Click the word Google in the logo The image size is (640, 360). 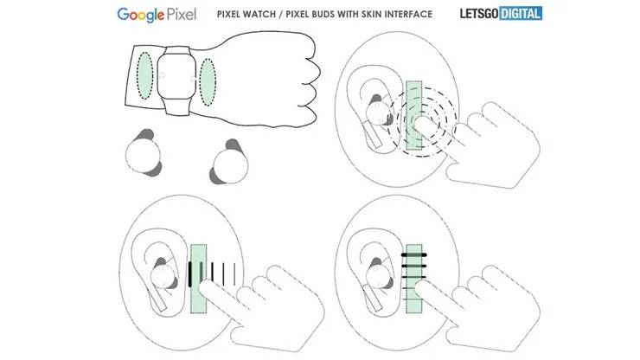(x=145, y=15)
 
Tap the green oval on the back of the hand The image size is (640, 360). (x=208, y=80)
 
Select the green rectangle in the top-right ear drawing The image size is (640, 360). (x=414, y=116)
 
